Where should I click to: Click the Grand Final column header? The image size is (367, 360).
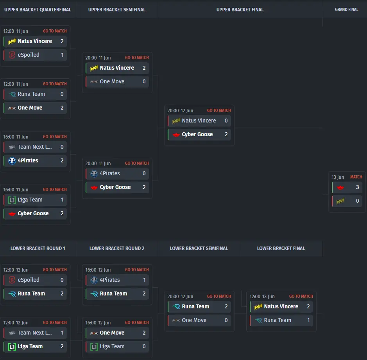tap(346, 10)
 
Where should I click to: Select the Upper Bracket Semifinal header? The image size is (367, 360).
tap(117, 10)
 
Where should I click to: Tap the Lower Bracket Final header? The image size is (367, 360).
tap(281, 248)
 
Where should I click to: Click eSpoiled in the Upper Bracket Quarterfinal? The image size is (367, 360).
tap(29, 55)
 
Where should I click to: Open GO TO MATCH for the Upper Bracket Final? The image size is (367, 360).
tap(219, 110)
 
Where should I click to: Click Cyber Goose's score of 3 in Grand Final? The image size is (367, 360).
tap(357, 187)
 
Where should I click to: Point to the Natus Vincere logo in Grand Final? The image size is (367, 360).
tap(340, 201)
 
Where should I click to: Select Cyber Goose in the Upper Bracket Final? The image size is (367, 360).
tap(197, 134)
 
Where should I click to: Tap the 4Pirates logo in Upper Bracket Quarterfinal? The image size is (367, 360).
tap(12, 160)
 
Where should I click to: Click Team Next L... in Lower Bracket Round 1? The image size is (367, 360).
tap(35, 333)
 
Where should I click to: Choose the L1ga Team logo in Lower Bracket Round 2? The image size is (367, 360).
tap(94, 347)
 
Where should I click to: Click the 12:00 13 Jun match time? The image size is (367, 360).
tap(262, 297)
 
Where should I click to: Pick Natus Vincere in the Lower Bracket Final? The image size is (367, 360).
tap(281, 306)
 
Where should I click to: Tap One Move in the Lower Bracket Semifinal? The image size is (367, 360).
tap(194, 320)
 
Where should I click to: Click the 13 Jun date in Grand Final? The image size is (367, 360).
tap(338, 177)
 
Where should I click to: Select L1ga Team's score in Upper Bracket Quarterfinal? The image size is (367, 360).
tap(62, 200)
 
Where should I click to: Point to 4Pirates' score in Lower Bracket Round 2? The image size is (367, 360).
tap(144, 280)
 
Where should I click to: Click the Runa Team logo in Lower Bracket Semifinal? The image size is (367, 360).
tap(176, 306)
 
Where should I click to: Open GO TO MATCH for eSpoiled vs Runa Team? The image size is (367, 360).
tap(55, 270)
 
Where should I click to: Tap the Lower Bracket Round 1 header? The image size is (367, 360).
tap(38, 248)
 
